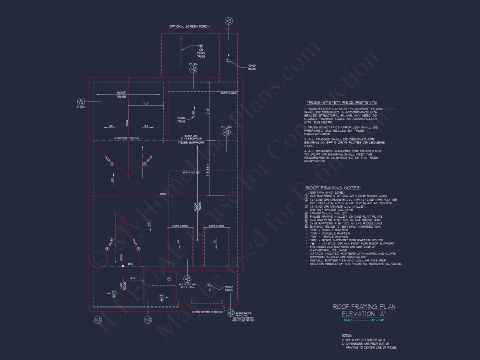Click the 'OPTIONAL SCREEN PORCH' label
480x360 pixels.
coord(189,27)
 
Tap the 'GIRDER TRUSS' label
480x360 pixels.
coord(127,138)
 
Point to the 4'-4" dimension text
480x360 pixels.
coord(134,278)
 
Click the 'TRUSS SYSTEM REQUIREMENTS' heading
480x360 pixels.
coord(341,102)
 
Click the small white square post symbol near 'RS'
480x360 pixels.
coord(123,266)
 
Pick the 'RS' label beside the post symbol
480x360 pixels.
coord(130,264)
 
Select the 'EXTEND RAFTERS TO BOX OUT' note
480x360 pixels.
coord(208,312)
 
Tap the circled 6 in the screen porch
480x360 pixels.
coord(201,46)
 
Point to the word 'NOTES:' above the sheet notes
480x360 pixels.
coord(346,335)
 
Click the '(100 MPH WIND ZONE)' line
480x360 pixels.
coord(327,192)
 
